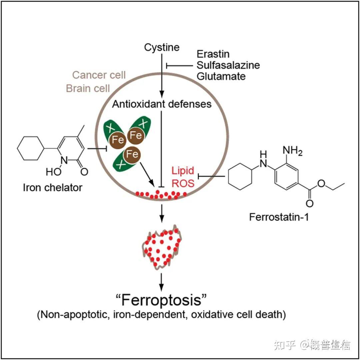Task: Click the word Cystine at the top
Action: point(162,47)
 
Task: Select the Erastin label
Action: point(213,54)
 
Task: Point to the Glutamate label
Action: point(221,76)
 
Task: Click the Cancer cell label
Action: point(99,75)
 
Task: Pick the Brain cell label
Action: point(88,88)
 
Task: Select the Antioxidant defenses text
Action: point(162,104)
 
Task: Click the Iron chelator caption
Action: point(53,187)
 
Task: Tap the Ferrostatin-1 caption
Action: point(279,217)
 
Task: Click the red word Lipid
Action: point(183,171)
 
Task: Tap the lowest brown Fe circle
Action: point(132,154)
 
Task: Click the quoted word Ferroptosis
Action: point(162,300)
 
